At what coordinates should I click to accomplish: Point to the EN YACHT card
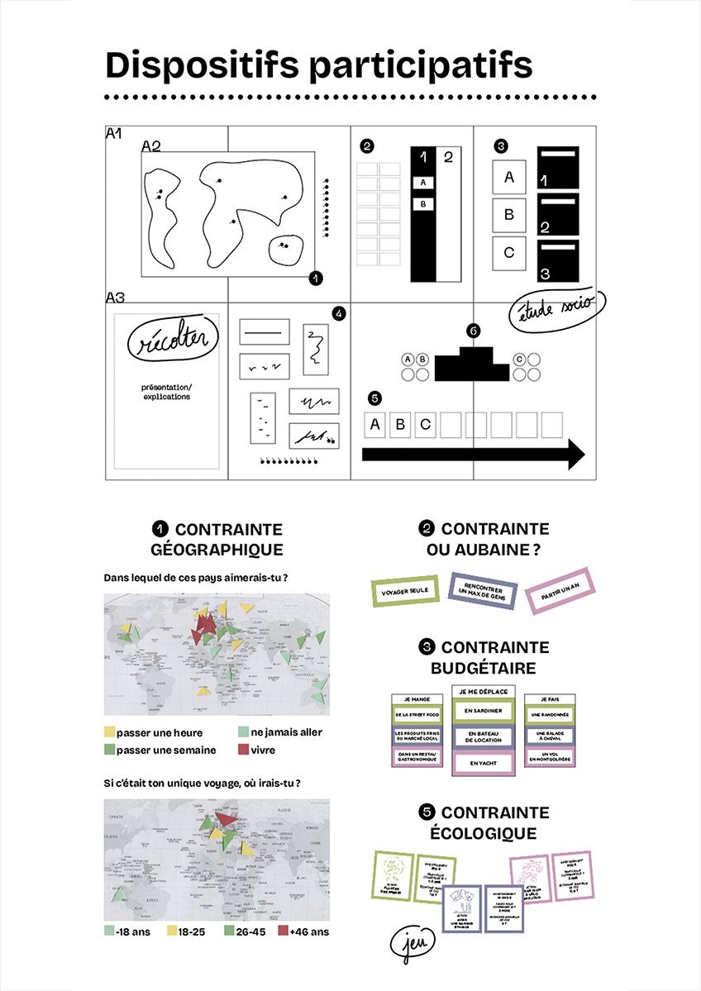pyautogui.click(x=484, y=762)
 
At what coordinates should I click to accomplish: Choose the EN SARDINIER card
pyautogui.click(x=484, y=711)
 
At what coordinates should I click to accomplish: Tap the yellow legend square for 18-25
pyautogui.click(x=172, y=931)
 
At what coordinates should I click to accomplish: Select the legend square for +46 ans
pyautogui.click(x=282, y=931)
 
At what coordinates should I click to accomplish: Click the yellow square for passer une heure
pyautogui.click(x=109, y=732)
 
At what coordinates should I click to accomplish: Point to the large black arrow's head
pyautogui.click(x=574, y=455)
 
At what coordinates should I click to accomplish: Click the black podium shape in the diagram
pyautogui.click(x=470, y=364)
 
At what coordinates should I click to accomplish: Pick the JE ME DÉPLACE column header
pyautogui.click(x=484, y=690)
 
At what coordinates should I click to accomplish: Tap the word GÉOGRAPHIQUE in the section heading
pyautogui.click(x=217, y=550)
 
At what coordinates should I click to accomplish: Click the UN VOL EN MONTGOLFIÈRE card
pyautogui.click(x=550, y=758)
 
